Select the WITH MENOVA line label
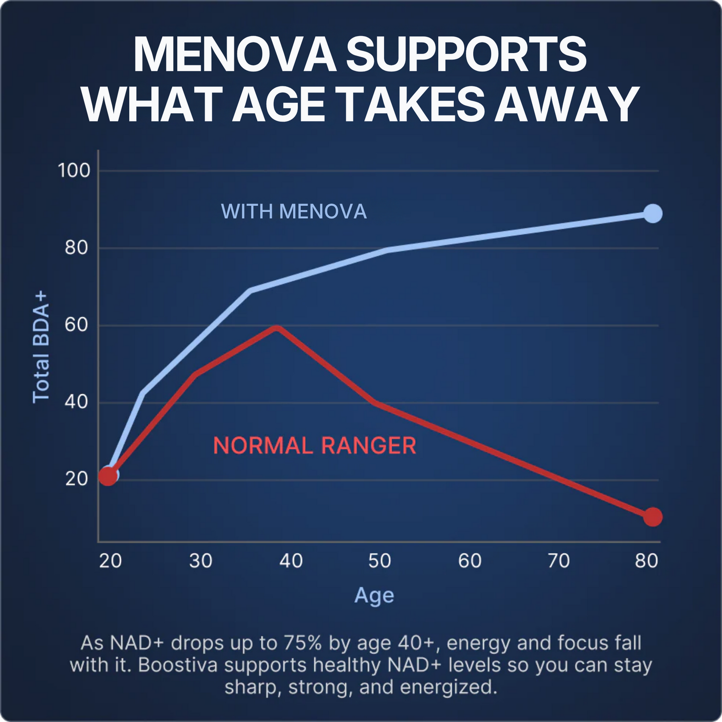[x=294, y=211]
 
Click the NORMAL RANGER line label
[x=315, y=446]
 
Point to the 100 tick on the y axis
[x=74, y=171]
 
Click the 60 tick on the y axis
[x=76, y=325]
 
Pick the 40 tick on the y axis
[x=76, y=402]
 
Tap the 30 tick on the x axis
[x=201, y=561]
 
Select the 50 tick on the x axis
[x=380, y=561]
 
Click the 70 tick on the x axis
[x=558, y=561]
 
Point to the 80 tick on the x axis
[x=647, y=561]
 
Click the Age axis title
[x=374, y=596]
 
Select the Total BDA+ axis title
[x=41, y=347]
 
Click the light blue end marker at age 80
[x=653, y=213]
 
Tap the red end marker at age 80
[x=653, y=517]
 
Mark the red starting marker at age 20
[x=107, y=476]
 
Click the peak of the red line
[x=276, y=327]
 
